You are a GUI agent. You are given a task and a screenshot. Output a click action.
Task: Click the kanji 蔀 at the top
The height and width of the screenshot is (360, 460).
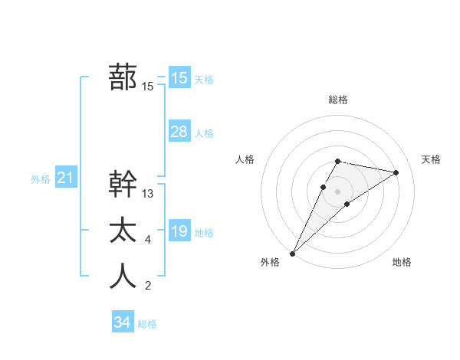click(x=123, y=77)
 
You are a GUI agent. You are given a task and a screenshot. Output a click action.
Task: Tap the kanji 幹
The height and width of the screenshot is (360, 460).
click(x=123, y=185)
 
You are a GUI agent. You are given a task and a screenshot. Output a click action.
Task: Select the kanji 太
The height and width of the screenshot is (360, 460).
click(x=123, y=231)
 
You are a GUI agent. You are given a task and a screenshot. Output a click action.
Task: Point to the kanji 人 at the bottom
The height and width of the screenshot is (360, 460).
click(x=123, y=277)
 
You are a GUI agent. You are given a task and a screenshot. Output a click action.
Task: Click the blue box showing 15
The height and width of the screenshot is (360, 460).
click(x=179, y=78)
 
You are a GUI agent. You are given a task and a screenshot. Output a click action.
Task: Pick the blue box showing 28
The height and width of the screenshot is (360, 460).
click(x=179, y=132)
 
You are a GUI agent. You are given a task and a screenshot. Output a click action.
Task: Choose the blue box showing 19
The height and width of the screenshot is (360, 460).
click(x=179, y=231)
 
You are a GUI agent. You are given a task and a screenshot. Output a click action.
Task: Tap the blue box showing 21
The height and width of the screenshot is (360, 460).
click(x=66, y=178)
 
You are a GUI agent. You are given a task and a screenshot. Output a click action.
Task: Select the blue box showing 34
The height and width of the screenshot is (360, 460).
click(x=123, y=322)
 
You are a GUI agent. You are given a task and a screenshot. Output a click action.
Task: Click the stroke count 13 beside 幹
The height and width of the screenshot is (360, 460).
click(x=148, y=194)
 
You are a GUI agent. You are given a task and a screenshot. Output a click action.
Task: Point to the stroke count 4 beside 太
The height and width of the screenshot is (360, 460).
click(x=147, y=241)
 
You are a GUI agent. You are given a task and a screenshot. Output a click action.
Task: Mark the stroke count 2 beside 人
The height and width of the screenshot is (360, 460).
click(x=147, y=286)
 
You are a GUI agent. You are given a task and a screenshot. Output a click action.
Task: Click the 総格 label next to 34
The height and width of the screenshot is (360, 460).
click(x=147, y=324)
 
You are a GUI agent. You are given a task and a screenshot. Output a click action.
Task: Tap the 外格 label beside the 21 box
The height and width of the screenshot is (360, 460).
click(x=41, y=179)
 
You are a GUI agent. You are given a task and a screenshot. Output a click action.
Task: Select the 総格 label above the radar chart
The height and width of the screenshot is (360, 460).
click(x=337, y=100)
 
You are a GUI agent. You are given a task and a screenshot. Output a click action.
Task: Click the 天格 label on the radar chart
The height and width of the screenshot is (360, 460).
click(x=431, y=159)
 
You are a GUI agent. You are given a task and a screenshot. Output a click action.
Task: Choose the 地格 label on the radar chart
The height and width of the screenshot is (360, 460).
click(x=402, y=262)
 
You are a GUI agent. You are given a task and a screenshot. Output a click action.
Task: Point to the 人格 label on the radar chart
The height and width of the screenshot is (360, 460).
click(x=245, y=159)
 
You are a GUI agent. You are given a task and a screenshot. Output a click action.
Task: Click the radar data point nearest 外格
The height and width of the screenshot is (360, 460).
click(x=292, y=253)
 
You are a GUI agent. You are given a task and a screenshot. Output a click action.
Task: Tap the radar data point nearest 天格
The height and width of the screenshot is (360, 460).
click(x=396, y=172)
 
